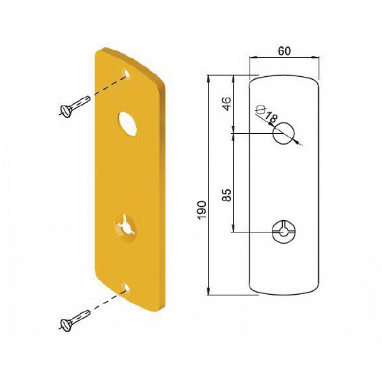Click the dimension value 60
point(284,51)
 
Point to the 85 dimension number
point(227,195)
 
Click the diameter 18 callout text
point(267,114)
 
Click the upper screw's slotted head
point(67,111)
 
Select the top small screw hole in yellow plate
point(126,73)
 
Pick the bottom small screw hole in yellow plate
point(126,286)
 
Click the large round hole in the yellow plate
point(128,124)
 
